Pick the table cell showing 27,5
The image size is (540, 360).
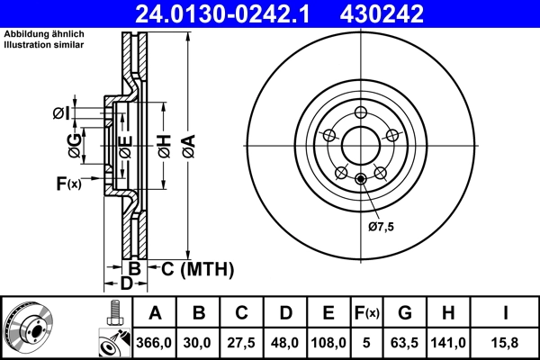[x=241, y=342]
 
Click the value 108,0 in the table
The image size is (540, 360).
[x=328, y=342]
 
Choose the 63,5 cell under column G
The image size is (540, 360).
[x=406, y=342]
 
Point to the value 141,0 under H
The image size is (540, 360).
[x=449, y=342]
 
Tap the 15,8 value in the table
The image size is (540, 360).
[x=505, y=342]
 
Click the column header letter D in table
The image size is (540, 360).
[x=285, y=313]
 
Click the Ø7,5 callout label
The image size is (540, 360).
[x=381, y=226]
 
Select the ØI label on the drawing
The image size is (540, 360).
[x=58, y=112]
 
